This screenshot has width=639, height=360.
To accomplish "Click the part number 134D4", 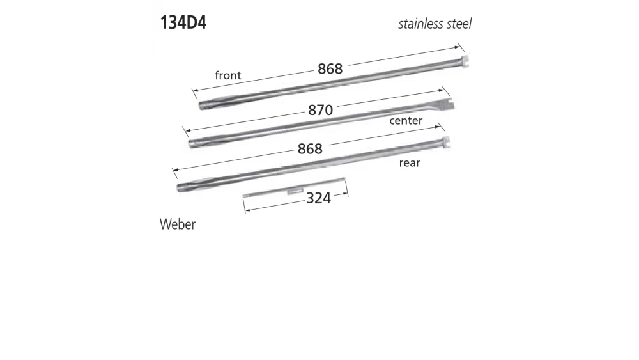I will point(183,23).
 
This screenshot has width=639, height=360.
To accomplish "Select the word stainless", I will point(422,24).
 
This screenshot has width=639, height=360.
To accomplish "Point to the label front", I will point(227,75).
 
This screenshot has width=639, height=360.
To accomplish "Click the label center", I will point(406,120).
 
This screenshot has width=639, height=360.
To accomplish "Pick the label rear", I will point(410,163).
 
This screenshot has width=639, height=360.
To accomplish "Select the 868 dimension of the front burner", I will point(330,69).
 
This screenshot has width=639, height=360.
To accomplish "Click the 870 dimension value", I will point(320,110).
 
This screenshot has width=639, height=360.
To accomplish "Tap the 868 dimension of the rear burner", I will point(310,148).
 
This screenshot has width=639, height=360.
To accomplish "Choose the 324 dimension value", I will point(318,198).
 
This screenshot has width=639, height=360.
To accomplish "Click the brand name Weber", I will point(177,224).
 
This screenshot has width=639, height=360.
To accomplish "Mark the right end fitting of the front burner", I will point(465,62).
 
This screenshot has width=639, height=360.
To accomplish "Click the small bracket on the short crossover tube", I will point(295,190).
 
